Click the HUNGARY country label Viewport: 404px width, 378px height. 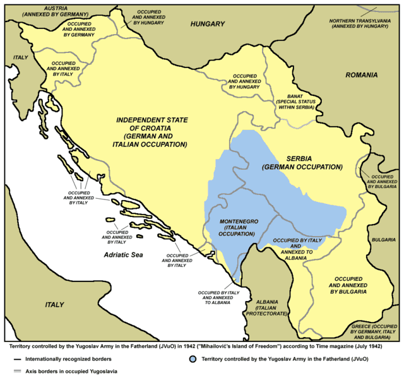(x=207, y=24)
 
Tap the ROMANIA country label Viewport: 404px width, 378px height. (x=362, y=75)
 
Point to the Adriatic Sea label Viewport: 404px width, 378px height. (x=125, y=254)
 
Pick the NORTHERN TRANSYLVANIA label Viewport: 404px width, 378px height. (x=364, y=23)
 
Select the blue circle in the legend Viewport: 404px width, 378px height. (x=192, y=359)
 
